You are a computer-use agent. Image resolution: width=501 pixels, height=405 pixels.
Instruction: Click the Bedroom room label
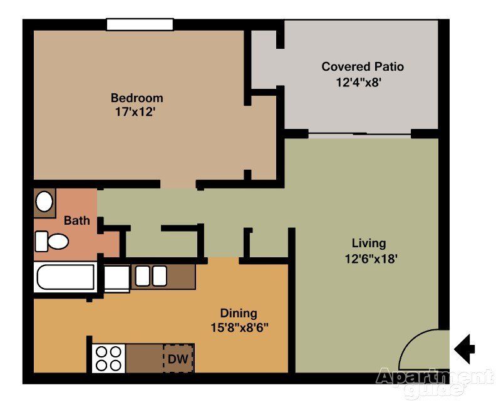pyautogui.click(x=137, y=98)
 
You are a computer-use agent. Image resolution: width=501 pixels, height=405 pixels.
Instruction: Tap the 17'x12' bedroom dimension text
pyautogui.click(x=135, y=112)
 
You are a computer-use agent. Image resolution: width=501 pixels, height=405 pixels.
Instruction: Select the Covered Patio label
pyautogui.click(x=363, y=66)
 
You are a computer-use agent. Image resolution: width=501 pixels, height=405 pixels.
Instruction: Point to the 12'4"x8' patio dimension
pyautogui.click(x=359, y=83)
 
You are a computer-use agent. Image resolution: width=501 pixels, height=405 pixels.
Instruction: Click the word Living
pyautogui.click(x=369, y=244)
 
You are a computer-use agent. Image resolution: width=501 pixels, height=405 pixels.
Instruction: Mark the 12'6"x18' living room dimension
pyautogui.click(x=371, y=259)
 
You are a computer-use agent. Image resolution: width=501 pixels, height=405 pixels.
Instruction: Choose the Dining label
pyautogui.click(x=239, y=314)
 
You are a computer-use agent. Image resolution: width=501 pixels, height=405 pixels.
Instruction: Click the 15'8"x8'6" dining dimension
pyautogui.click(x=239, y=328)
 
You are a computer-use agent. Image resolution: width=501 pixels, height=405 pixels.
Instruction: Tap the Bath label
pyautogui.click(x=76, y=220)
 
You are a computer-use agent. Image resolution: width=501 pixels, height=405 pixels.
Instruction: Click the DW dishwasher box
pyautogui.click(x=178, y=359)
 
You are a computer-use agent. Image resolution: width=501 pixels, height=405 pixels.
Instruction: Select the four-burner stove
pyautogui.click(x=108, y=359)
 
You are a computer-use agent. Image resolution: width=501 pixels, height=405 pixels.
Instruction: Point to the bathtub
pyautogui.click(x=66, y=277)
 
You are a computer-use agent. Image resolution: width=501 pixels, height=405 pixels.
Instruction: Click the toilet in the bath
pyautogui.click(x=51, y=242)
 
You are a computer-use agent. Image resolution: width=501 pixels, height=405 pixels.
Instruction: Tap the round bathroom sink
pyautogui.click(x=44, y=202)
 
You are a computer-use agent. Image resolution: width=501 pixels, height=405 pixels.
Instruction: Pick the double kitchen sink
pyautogui.click(x=151, y=276)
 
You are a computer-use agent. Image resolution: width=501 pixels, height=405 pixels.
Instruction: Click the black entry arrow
pyautogui.click(x=465, y=349)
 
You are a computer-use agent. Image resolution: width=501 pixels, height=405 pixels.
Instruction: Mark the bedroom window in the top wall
pyautogui.click(x=140, y=24)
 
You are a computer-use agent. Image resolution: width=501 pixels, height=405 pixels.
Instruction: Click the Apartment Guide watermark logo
pyautogui.click(x=435, y=382)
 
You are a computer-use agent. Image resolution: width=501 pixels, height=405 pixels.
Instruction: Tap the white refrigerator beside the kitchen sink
pyautogui.click(x=117, y=279)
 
